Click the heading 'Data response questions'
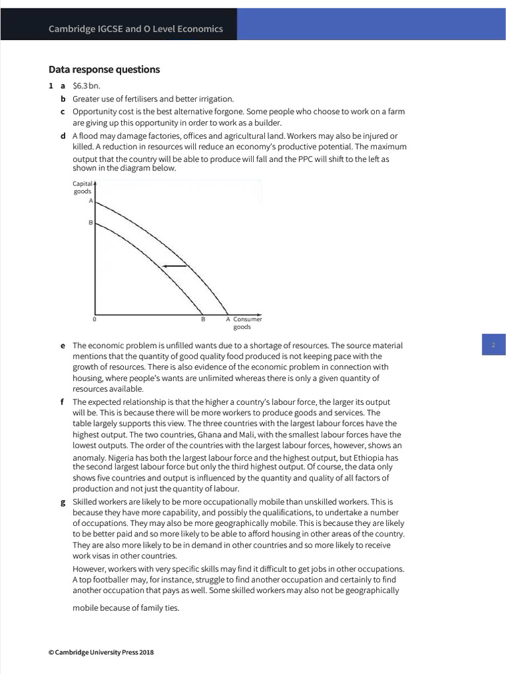pyautogui.click(x=104, y=70)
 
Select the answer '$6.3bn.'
pyautogui.click(x=86, y=86)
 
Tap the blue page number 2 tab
pyautogui.click(x=493, y=345)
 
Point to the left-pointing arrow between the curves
pyautogui.click(x=175, y=265)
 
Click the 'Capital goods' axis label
pyautogui.click(x=82, y=188)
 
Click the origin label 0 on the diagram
pyautogui.click(x=94, y=319)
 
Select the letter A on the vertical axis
pyautogui.click(x=90, y=201)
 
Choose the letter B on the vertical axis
pyautogui.click(x=90, y=223)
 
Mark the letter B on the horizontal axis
pyautogui.click(x=203, y=319)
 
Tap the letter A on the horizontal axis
pyautogui.click(x=228, y=319)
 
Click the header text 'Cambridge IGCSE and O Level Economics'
pyautogui.click(x=135, y=29)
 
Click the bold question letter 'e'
pyautogui.click(x=63, y=346)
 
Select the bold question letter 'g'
pyautogui.click(x=63, y=502)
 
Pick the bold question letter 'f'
pyautogui.click(x=62, y=402)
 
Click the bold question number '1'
pyautogui.click(x=50, y=86)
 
